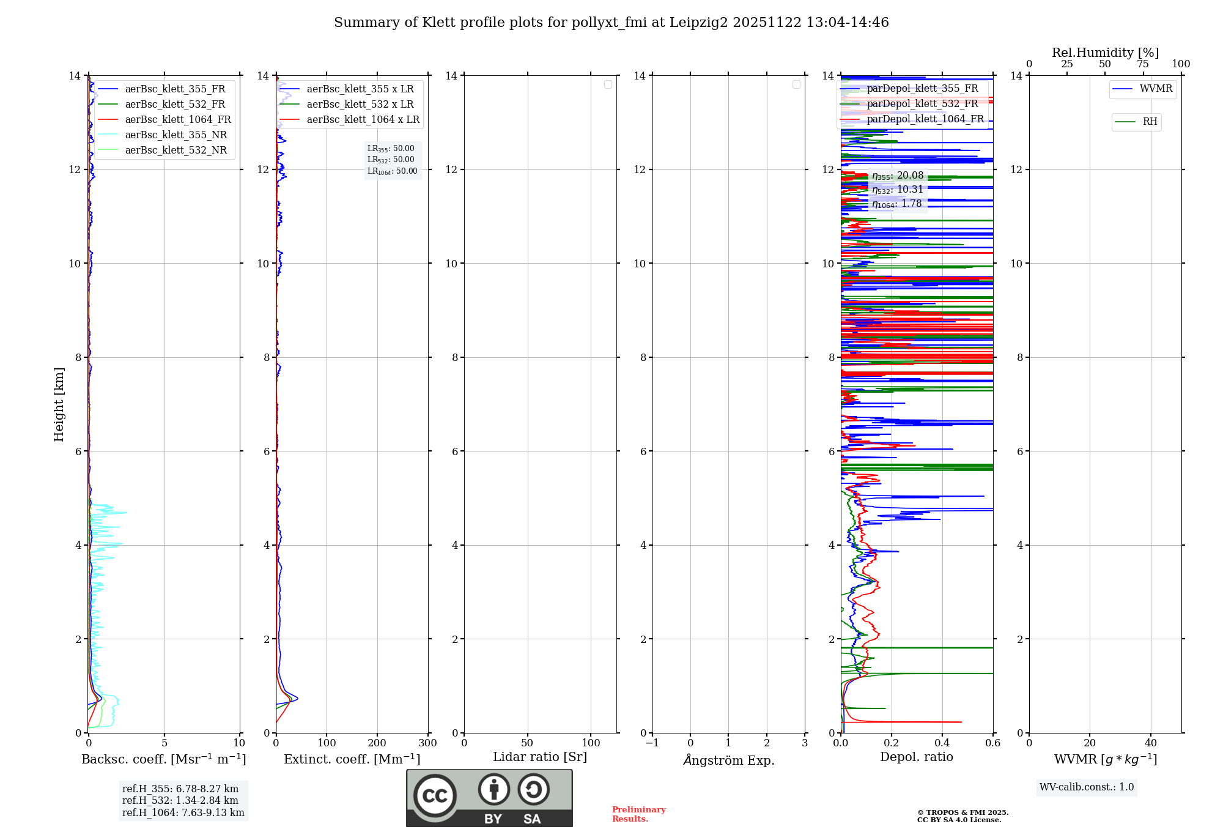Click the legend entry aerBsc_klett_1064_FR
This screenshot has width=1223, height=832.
[x=177, y=120]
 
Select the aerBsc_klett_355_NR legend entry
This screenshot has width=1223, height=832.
[x=176, y=135]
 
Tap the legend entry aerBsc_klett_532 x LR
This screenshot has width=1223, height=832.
[x=360, y=105]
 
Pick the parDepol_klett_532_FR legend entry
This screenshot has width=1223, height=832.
[x=922, y=104]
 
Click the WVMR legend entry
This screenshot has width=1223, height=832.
[x=1155, y=89]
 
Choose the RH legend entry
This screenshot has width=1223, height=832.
[x=1150, y=122]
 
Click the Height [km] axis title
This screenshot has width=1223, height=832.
[x=59, y=404]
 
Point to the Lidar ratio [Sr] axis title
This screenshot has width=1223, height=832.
[x=540, y=757]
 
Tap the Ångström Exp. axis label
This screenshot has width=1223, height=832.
[x=729, y=760]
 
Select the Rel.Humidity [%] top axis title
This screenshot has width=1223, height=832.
[x=1105, y=53]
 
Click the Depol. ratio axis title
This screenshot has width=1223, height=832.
[x=916, y=757]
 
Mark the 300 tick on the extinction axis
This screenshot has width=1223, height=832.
[x=427, y=743]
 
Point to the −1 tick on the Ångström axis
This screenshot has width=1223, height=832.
[x=652, y=743]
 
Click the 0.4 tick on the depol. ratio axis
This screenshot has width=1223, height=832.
[x=942, y=743]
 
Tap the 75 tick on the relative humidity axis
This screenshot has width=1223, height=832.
[x=1143, y=64]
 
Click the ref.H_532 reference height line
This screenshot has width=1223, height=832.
[x=180, y=801]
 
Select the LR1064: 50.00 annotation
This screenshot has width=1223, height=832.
[x=393, y=171]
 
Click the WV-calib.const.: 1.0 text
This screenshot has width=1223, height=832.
[x=1087, y=787]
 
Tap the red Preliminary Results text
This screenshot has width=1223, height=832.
[x=638, y=814]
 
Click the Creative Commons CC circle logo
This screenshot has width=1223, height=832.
[x=435, y=796]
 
